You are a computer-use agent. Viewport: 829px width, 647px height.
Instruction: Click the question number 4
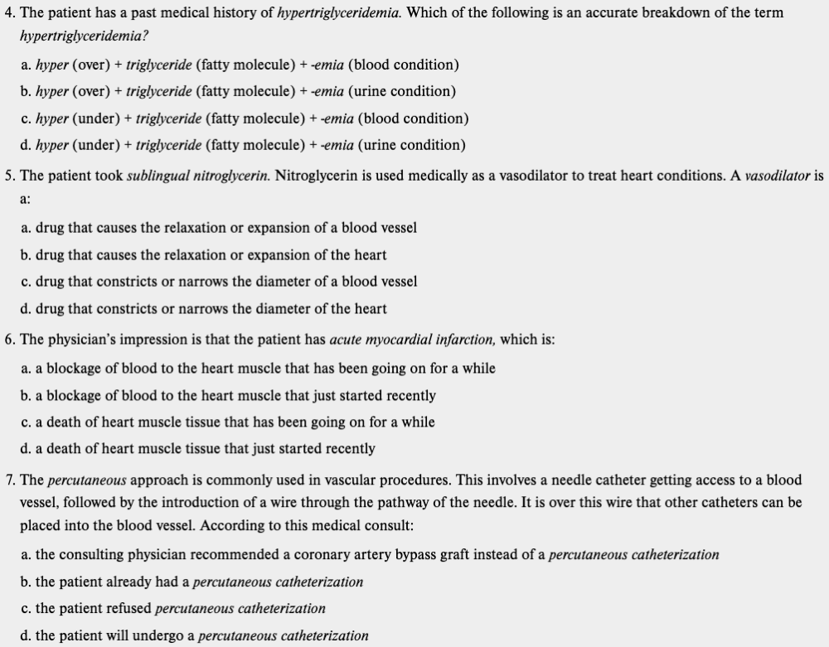click(9, 13)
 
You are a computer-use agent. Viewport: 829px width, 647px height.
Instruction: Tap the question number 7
click(9, 480)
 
